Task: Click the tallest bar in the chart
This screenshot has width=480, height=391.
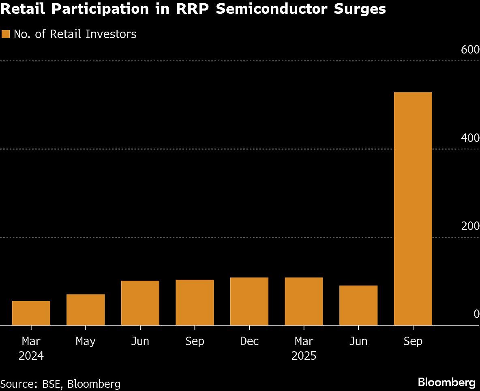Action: (x=413, y=208)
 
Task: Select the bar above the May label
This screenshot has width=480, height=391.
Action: (x=86, y=310)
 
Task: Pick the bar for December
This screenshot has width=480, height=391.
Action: (x=249, y=301)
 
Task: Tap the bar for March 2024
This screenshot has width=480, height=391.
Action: (x=31, y=313)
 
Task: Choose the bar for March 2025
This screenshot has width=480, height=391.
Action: (x=304, y=301)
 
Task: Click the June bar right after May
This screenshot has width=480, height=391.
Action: (x=140, y=303)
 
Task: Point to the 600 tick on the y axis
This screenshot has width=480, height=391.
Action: (x=470, y=50)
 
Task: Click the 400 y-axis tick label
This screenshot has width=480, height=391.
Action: (x=470, y=138)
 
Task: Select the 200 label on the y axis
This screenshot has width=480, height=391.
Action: (x=470, y=226)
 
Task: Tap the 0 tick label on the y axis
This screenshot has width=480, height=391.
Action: (x=476, y=314)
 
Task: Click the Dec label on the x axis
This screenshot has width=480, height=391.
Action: (x=249, y=342)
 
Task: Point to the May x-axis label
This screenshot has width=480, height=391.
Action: (x=86, y=342)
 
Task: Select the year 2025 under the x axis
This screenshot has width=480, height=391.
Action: (x=304, y=356)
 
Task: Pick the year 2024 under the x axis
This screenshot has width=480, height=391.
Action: (x=31, y=356)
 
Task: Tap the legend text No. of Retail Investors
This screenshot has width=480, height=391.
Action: (x=75, y=34)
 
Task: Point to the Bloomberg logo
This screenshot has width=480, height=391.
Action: (x=447, y=382)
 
